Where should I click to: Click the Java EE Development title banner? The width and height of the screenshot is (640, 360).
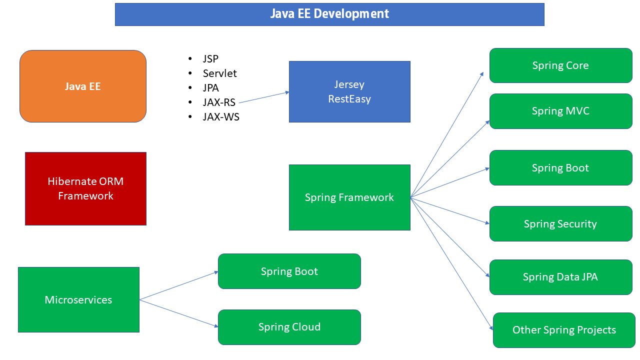[x=329, y=14]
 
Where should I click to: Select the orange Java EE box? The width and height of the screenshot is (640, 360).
[x=83, y=86]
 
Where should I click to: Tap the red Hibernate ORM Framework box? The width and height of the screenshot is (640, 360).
[x=85, y=188]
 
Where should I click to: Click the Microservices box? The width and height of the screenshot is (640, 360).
[x=78, y=299]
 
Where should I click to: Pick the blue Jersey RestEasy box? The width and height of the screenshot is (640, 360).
[x=349, y=91]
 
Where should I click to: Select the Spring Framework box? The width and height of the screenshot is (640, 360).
[x=349, y=197]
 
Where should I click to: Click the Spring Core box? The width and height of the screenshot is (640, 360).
[x=560, y=65]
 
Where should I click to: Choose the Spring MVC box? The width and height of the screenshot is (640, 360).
[x=560, y=111]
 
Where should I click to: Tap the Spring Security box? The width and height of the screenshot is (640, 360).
[x=560, y=224]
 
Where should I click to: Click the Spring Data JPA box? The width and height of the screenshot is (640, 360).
[x=560, y=277]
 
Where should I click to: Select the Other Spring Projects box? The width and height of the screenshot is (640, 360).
[x=564, y=330]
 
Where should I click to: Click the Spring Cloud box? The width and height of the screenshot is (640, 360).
[x=289, y=327]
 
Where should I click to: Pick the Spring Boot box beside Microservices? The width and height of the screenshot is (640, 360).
[x=289, y=271]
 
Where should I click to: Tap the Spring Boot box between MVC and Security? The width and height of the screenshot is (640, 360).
[x=560, y=168]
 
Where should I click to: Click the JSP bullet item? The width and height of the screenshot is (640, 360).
[x=210, y=59]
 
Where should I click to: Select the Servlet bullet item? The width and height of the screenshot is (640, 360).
[x=219, y=73]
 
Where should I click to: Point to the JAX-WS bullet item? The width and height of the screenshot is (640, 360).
[x=221, y=117]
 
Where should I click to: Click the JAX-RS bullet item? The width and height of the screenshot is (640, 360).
[x=219, y=102]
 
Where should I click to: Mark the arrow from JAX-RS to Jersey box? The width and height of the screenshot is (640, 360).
[x=264, y=97]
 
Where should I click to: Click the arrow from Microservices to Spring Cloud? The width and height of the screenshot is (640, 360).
[x=179, y=313]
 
